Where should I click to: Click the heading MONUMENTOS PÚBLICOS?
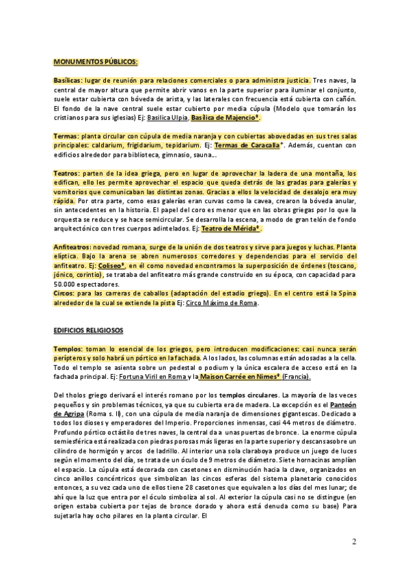click(x=96, y=62)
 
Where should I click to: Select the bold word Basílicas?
click(x=67, y=80)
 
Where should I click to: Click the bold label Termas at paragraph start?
click(x=66, y=136)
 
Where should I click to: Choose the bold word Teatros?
click(x=66, y=174)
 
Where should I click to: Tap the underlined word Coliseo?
click(x=111, y=265)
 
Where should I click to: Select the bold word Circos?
click(x=64, y=293)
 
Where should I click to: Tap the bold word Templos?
click(x=68, y=349)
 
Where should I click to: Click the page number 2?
click(x=354, y=542)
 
